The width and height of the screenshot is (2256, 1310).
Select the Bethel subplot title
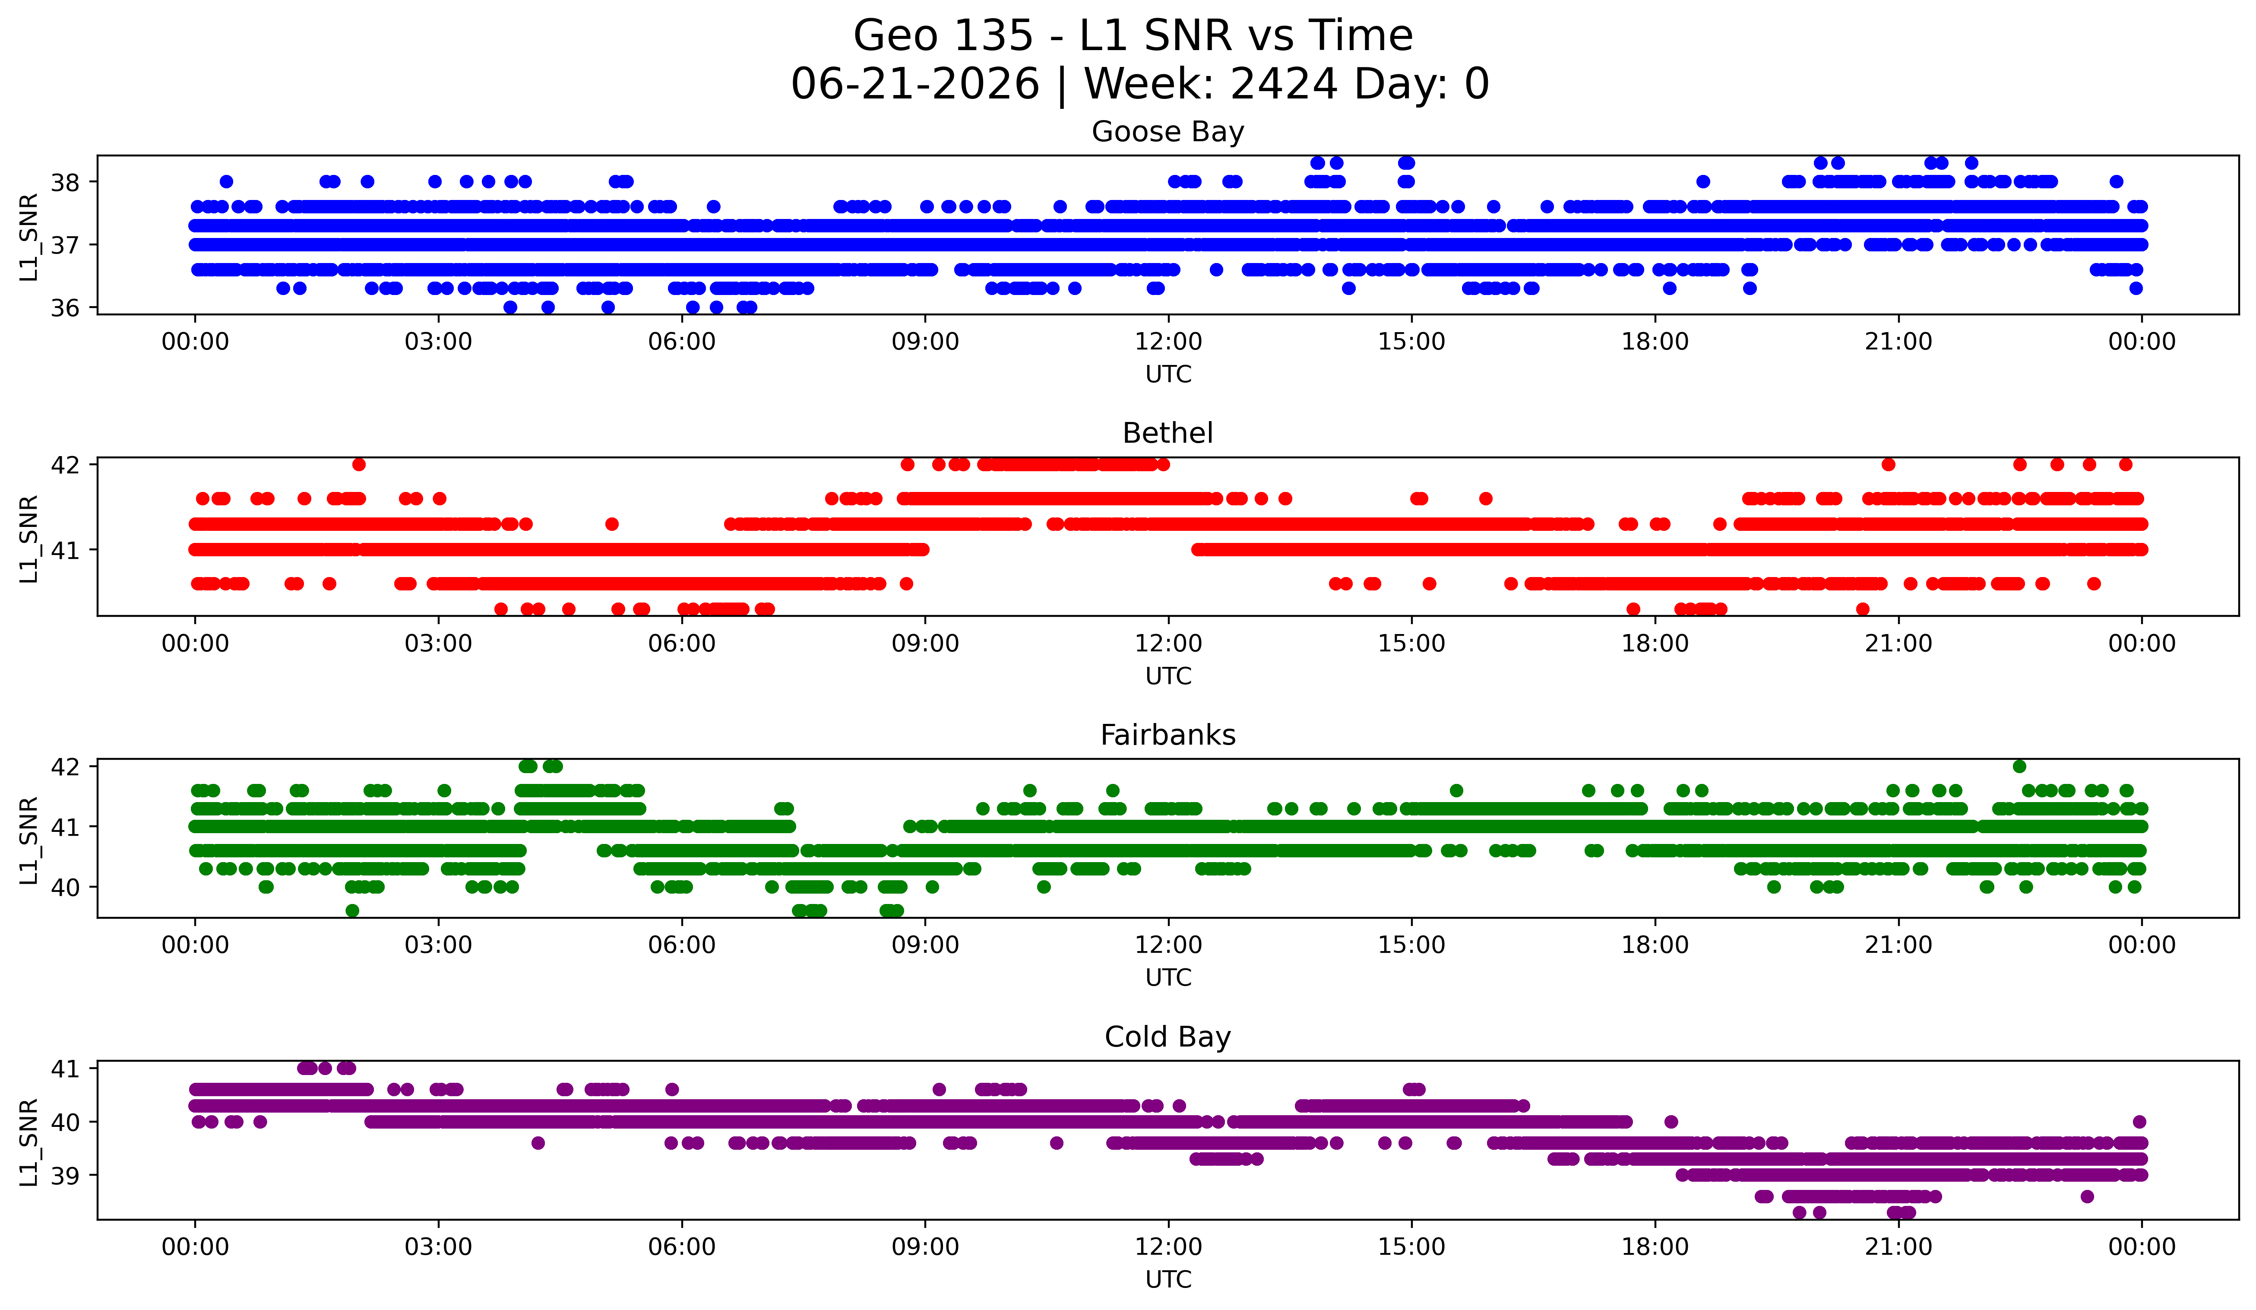1168,433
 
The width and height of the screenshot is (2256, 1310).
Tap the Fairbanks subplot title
1168,735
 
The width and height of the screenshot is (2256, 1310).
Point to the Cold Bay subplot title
1168,1037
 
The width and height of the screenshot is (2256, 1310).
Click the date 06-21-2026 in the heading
915,84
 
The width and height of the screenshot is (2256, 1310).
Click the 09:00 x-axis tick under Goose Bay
925,342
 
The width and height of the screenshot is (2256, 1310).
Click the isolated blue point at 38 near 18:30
1703,182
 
